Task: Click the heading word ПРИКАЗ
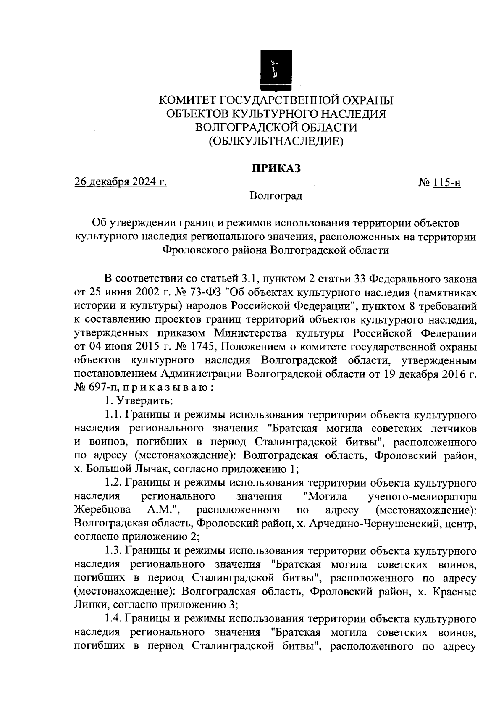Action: coord(276,168)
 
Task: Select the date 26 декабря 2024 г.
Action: coord(121,183)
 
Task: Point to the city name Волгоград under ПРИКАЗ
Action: coord(276,196)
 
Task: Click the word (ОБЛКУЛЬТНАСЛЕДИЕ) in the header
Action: coord(276,141)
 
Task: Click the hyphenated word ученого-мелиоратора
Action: coord(422,496)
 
